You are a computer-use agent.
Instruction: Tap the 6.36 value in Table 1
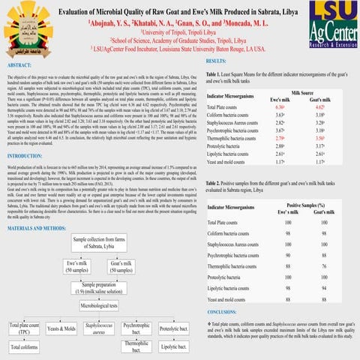pos(259,107)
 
